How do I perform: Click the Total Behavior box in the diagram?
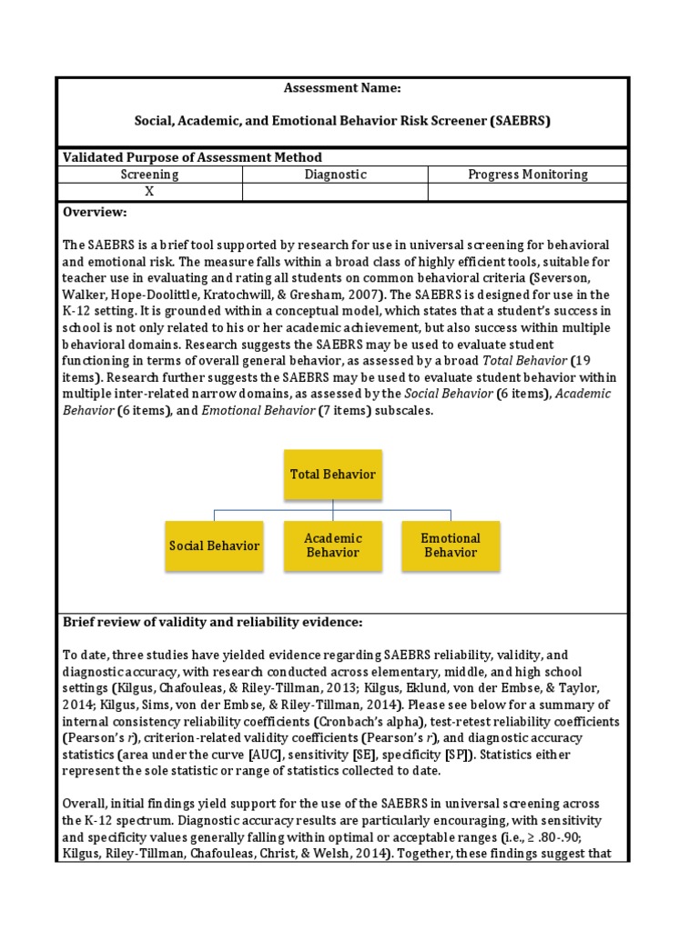332,475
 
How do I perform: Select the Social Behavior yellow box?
214,546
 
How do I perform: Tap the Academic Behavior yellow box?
332,546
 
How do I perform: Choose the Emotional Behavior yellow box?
451,546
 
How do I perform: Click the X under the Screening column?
149,192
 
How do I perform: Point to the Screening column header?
149,175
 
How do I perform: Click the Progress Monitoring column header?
527,175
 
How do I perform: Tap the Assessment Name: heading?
341,89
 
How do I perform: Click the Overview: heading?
95,212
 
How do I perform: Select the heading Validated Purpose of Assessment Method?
191,157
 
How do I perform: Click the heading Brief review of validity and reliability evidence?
212,623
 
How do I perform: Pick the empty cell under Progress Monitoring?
527,192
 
